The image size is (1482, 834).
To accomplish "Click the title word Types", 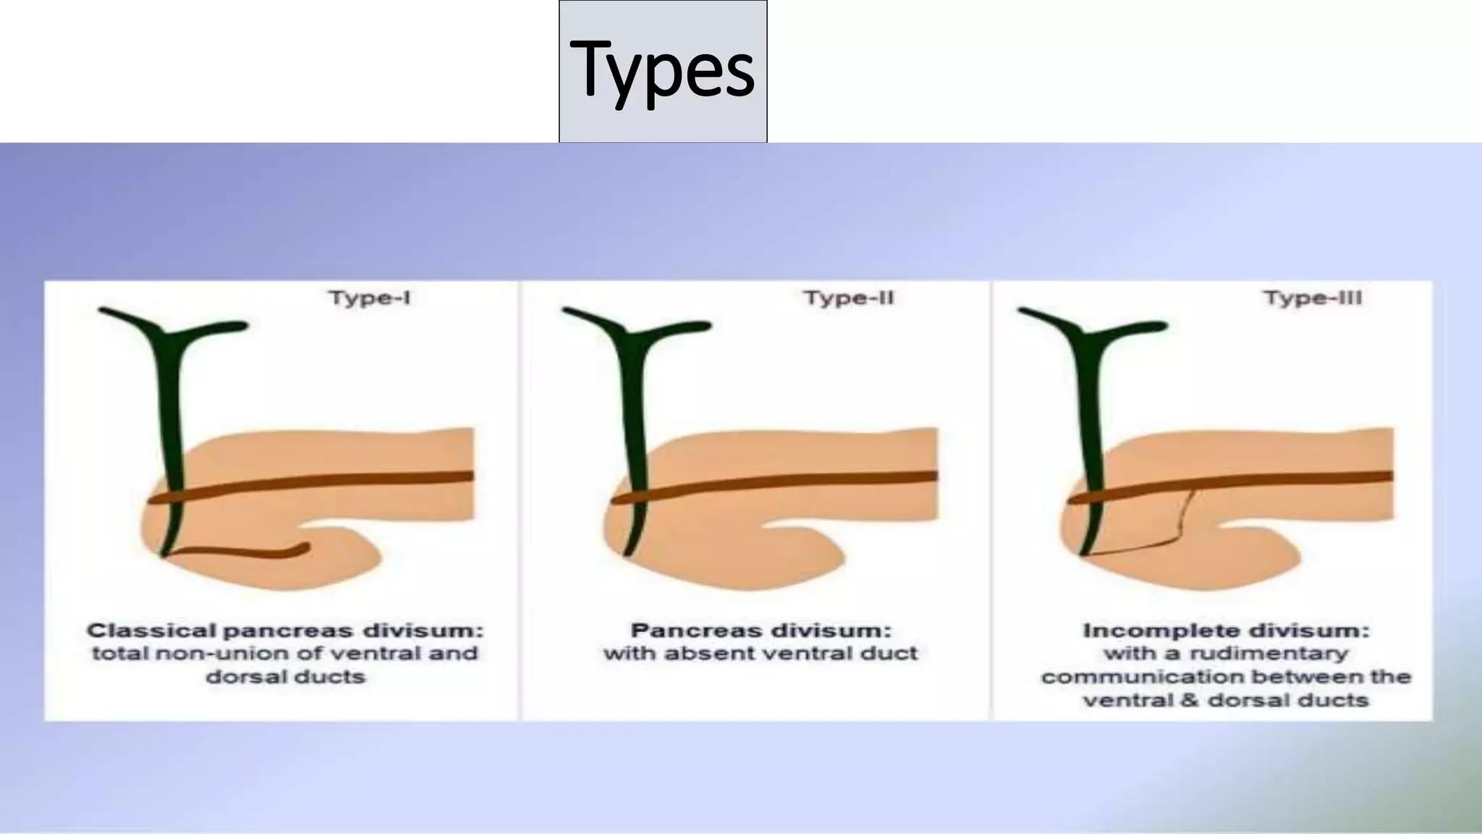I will [662, 70].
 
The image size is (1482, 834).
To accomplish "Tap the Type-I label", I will [369, 298].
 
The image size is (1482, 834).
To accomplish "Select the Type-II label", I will [849, 298].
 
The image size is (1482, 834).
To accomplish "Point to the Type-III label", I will [1312, 298].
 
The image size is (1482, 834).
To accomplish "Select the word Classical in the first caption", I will [151, 631].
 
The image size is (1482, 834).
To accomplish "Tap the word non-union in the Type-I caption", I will [208, 654].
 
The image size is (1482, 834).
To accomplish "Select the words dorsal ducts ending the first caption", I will [286, 677].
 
